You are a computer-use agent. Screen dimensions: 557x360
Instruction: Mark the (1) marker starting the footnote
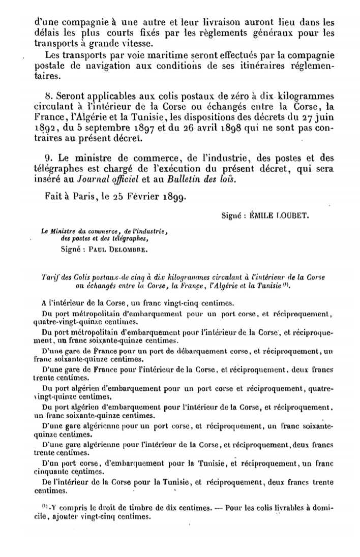[44, 508]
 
